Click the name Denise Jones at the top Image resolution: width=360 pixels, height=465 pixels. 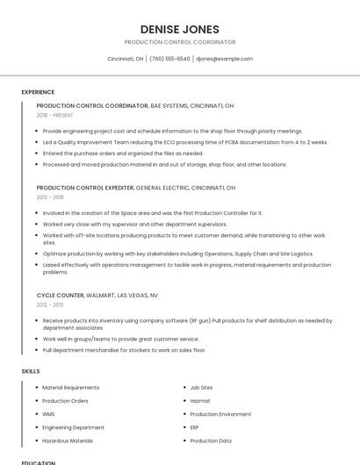[x=179, y=29]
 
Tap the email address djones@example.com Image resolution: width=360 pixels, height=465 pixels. [x=224, y=59]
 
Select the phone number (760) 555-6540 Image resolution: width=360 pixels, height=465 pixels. [x=169, y=59]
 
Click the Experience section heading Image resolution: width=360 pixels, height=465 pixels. [x=38, y=92]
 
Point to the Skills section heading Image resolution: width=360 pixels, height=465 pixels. [x=31, y=371]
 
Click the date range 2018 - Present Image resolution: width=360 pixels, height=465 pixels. [x=54, y=115]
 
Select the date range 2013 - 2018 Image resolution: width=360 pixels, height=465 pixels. [x=50, y=197]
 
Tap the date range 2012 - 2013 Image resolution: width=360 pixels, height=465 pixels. [x=50, y=304]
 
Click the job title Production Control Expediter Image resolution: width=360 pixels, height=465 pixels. [x=85, y=188]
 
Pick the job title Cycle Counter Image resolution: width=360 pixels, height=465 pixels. [x=61, y=295]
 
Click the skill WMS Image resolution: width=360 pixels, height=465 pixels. [x=49, y=414]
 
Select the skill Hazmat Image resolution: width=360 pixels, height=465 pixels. [x=201, y=400]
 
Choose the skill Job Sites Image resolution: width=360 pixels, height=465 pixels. [x=201, y=387]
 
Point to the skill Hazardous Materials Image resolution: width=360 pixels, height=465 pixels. [x=67, y=440]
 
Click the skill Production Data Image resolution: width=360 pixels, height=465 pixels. [x=211, y=440]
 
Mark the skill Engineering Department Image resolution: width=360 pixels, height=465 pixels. [x=73, y=427]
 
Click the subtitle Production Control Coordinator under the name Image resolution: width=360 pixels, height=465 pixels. [x=179, y=42]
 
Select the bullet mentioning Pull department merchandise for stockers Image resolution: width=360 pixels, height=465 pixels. [x=124, y=350]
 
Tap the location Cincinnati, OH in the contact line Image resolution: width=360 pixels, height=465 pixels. [x=125, y=59]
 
